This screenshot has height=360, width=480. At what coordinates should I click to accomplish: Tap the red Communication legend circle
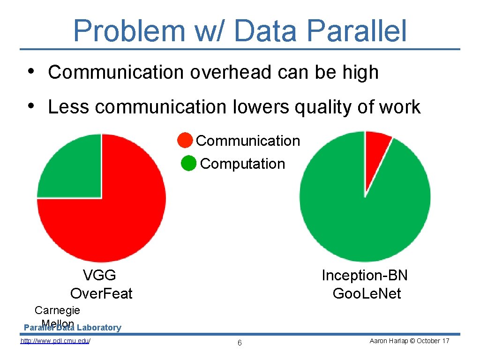click(185, 140)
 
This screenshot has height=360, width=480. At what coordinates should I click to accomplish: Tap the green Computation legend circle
click(188, 164)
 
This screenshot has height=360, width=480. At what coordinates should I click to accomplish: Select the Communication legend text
click(247, 141)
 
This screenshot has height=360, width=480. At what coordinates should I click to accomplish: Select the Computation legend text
click(242, 164)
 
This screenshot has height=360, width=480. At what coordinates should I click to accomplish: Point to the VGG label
click(99, 275)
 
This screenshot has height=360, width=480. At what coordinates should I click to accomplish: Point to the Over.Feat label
click(101, 294)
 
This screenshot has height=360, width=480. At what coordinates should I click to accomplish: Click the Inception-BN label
click(365, 276)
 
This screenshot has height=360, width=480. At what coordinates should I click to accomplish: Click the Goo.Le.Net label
click(367, 294)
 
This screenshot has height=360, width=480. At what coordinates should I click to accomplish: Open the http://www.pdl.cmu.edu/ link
click(55, 341)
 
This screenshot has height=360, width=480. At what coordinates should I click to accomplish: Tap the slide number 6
click(240, 343)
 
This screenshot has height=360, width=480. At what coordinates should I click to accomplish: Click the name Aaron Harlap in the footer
click(386, 341)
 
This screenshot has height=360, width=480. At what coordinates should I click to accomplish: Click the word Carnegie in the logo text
click(57, 310)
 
